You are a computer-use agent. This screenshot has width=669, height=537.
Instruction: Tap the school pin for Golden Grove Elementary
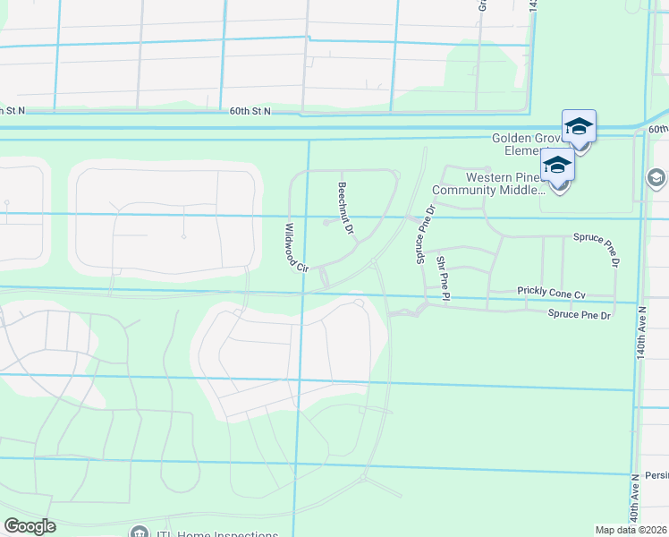tap(579, 129)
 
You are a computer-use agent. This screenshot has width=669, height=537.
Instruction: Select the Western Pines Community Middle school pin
tap(557, 168)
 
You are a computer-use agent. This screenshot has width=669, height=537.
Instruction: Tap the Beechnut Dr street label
tap(346, 209)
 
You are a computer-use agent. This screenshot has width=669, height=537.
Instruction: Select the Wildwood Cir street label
tap(296, 248)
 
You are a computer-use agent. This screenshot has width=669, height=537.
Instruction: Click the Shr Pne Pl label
tap(443, 277)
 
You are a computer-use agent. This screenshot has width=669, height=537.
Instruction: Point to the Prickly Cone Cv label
tap(550, 293)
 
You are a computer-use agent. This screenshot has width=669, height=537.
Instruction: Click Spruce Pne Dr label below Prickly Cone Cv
tap(579, 314)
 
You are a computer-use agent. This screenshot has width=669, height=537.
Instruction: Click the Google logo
tap(30, 526)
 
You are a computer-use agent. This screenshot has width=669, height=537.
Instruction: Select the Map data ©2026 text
tap(631, 530)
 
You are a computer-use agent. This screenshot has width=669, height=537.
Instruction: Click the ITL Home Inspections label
tap(215, 534)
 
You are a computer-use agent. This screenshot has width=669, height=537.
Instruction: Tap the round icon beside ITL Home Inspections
tap(139, 533)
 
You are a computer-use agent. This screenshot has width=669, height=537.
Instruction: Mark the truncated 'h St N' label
tap(12, 111)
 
